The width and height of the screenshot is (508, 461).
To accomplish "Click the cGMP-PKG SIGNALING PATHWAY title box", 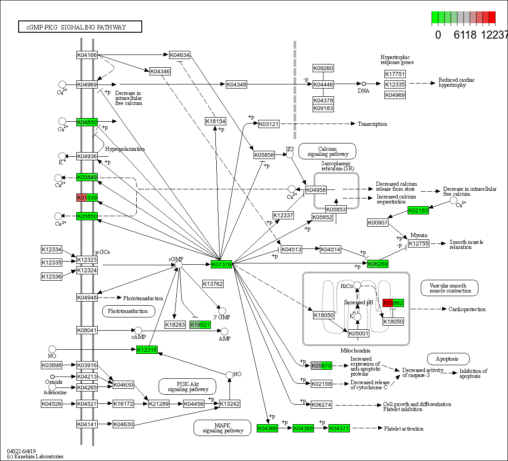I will pyautogui.click(x=80, y=27).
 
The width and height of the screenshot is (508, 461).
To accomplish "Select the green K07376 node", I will pyautogui.click(x=222, y=264).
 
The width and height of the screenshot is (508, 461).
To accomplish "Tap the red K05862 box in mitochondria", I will pyautogui.click(x=393, y=303).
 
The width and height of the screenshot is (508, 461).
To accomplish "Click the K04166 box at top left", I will pyautogui.click(x=87, y=55).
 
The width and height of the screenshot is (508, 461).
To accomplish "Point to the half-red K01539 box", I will pyautogui.click(x=87, y=198).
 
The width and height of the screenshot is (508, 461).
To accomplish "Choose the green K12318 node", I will pyautogui.click(x=147, y=349).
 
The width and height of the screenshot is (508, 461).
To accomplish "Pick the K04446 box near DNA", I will pyautogui.click(x=323, y=84).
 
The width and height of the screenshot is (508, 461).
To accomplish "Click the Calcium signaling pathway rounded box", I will pyautogui.click(x=327, y=151).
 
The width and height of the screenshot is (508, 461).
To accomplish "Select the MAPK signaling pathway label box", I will pyautogui.click(x=222, y=428).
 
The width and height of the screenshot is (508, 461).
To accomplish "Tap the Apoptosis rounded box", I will pyautogui.click(x=448, y=359).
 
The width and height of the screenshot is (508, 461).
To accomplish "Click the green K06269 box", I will pyautogui.click(x=378, y=264).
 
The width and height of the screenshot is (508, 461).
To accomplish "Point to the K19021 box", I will pyautogui.click(x=200, y=325).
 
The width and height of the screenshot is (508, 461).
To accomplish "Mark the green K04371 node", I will pyautogui.click(x=339, y=428).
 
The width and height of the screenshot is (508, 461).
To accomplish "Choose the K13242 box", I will pyautogui.click(x=229, y=404).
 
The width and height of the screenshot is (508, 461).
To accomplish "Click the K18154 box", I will pyautogui.click(x=215, y=121).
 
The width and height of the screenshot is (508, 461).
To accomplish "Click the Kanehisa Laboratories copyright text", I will pyautogui.click(x=35, y=456).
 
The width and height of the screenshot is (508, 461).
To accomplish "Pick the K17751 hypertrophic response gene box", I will pyautogui.click(x=395, y=74).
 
